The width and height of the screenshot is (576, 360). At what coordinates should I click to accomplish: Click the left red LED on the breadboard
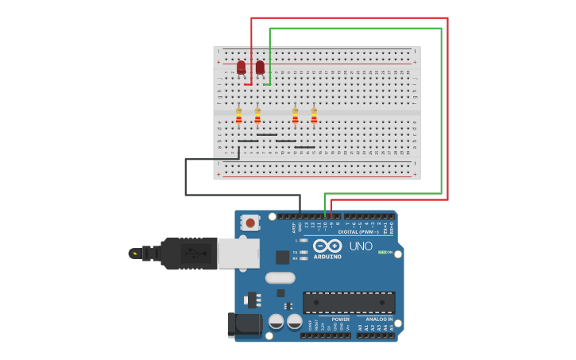pyautogui.click(x=241, y=68)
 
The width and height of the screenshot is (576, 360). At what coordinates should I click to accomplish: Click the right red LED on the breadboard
pyautogui.click(x=260, y=67)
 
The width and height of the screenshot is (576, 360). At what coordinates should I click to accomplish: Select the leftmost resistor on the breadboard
pyautogui.click(x=238, y=117)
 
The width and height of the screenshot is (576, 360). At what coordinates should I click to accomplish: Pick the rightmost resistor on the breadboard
pyautogui.click(x=314, y=117)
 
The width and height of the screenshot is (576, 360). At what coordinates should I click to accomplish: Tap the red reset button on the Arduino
pyautogui.click(x=251, y=223)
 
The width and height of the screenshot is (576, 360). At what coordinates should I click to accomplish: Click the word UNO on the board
pyautogui.click(x=361, y=246)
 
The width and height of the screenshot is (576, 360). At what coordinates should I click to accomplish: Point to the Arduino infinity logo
pyautogui.click(x=327, y=246)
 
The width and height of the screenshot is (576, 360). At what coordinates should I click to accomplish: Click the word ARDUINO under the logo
pyautogui.click(x=327, y=257)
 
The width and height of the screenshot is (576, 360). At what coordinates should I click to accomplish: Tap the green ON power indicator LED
pyautogui.click(x=381, y=252)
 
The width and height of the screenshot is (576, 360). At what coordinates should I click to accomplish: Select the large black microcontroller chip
pyautogui.click(x=349, y=302)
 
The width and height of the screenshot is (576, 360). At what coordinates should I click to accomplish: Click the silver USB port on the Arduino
pyautogui.click(x=239, y=253)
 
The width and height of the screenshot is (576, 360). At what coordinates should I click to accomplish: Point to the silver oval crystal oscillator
pyautogui.click(x=280, y=277)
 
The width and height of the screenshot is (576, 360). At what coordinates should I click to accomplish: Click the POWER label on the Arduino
pyautogui.click(x=340, y=319)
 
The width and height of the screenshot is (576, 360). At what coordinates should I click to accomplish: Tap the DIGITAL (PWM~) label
pyautogui.click(x=358, y=232)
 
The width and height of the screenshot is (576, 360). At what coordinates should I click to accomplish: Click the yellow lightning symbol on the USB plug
pyautogui.click(x=135, y=254)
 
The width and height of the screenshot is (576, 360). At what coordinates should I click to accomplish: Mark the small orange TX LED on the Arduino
pyautogui.click(x=303, y=251)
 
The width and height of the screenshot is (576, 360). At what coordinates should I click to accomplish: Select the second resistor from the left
pyautogui.click(x=257, y=117)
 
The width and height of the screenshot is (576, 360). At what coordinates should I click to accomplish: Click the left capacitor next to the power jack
pyautogui.click(x=276, y=321)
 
